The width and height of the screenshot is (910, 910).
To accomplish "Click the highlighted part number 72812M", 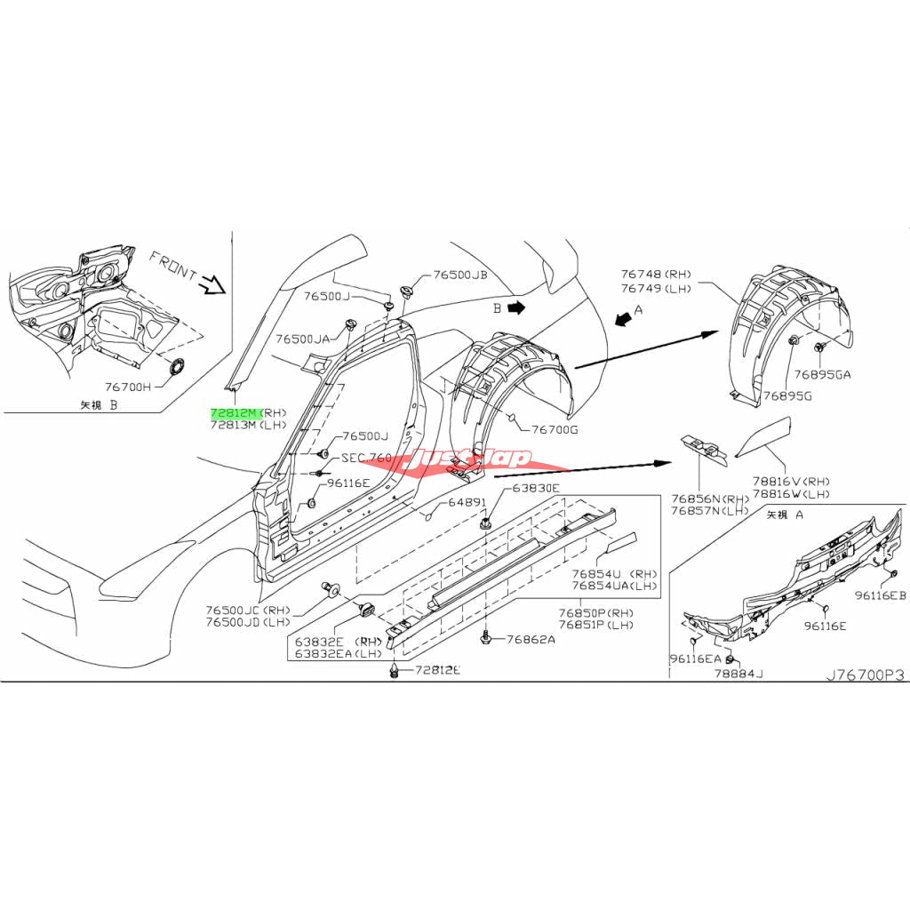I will [x=234, y=414].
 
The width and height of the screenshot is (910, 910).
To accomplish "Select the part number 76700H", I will [x=128, y=387].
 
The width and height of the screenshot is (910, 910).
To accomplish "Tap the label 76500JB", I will [x=460, y=275].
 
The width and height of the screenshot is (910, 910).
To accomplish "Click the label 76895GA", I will [x=822, y=374].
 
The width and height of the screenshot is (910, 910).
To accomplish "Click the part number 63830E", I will [x=535, y=488].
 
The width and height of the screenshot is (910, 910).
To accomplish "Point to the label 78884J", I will [x=738, y=674].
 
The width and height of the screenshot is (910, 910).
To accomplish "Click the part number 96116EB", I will [x=881, y=595].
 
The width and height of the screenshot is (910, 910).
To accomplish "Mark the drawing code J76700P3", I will [x=865, y=675].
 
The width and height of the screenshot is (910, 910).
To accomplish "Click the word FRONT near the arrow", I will [x=172, y=266].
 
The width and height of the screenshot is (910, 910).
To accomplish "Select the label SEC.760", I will [x=366, y=458].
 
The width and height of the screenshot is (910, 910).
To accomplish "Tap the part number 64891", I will [x=467, y=502].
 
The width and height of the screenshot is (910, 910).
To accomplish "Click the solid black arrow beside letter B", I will [x=520, y=307].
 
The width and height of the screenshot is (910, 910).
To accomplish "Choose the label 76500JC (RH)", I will [x=248, y=611].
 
